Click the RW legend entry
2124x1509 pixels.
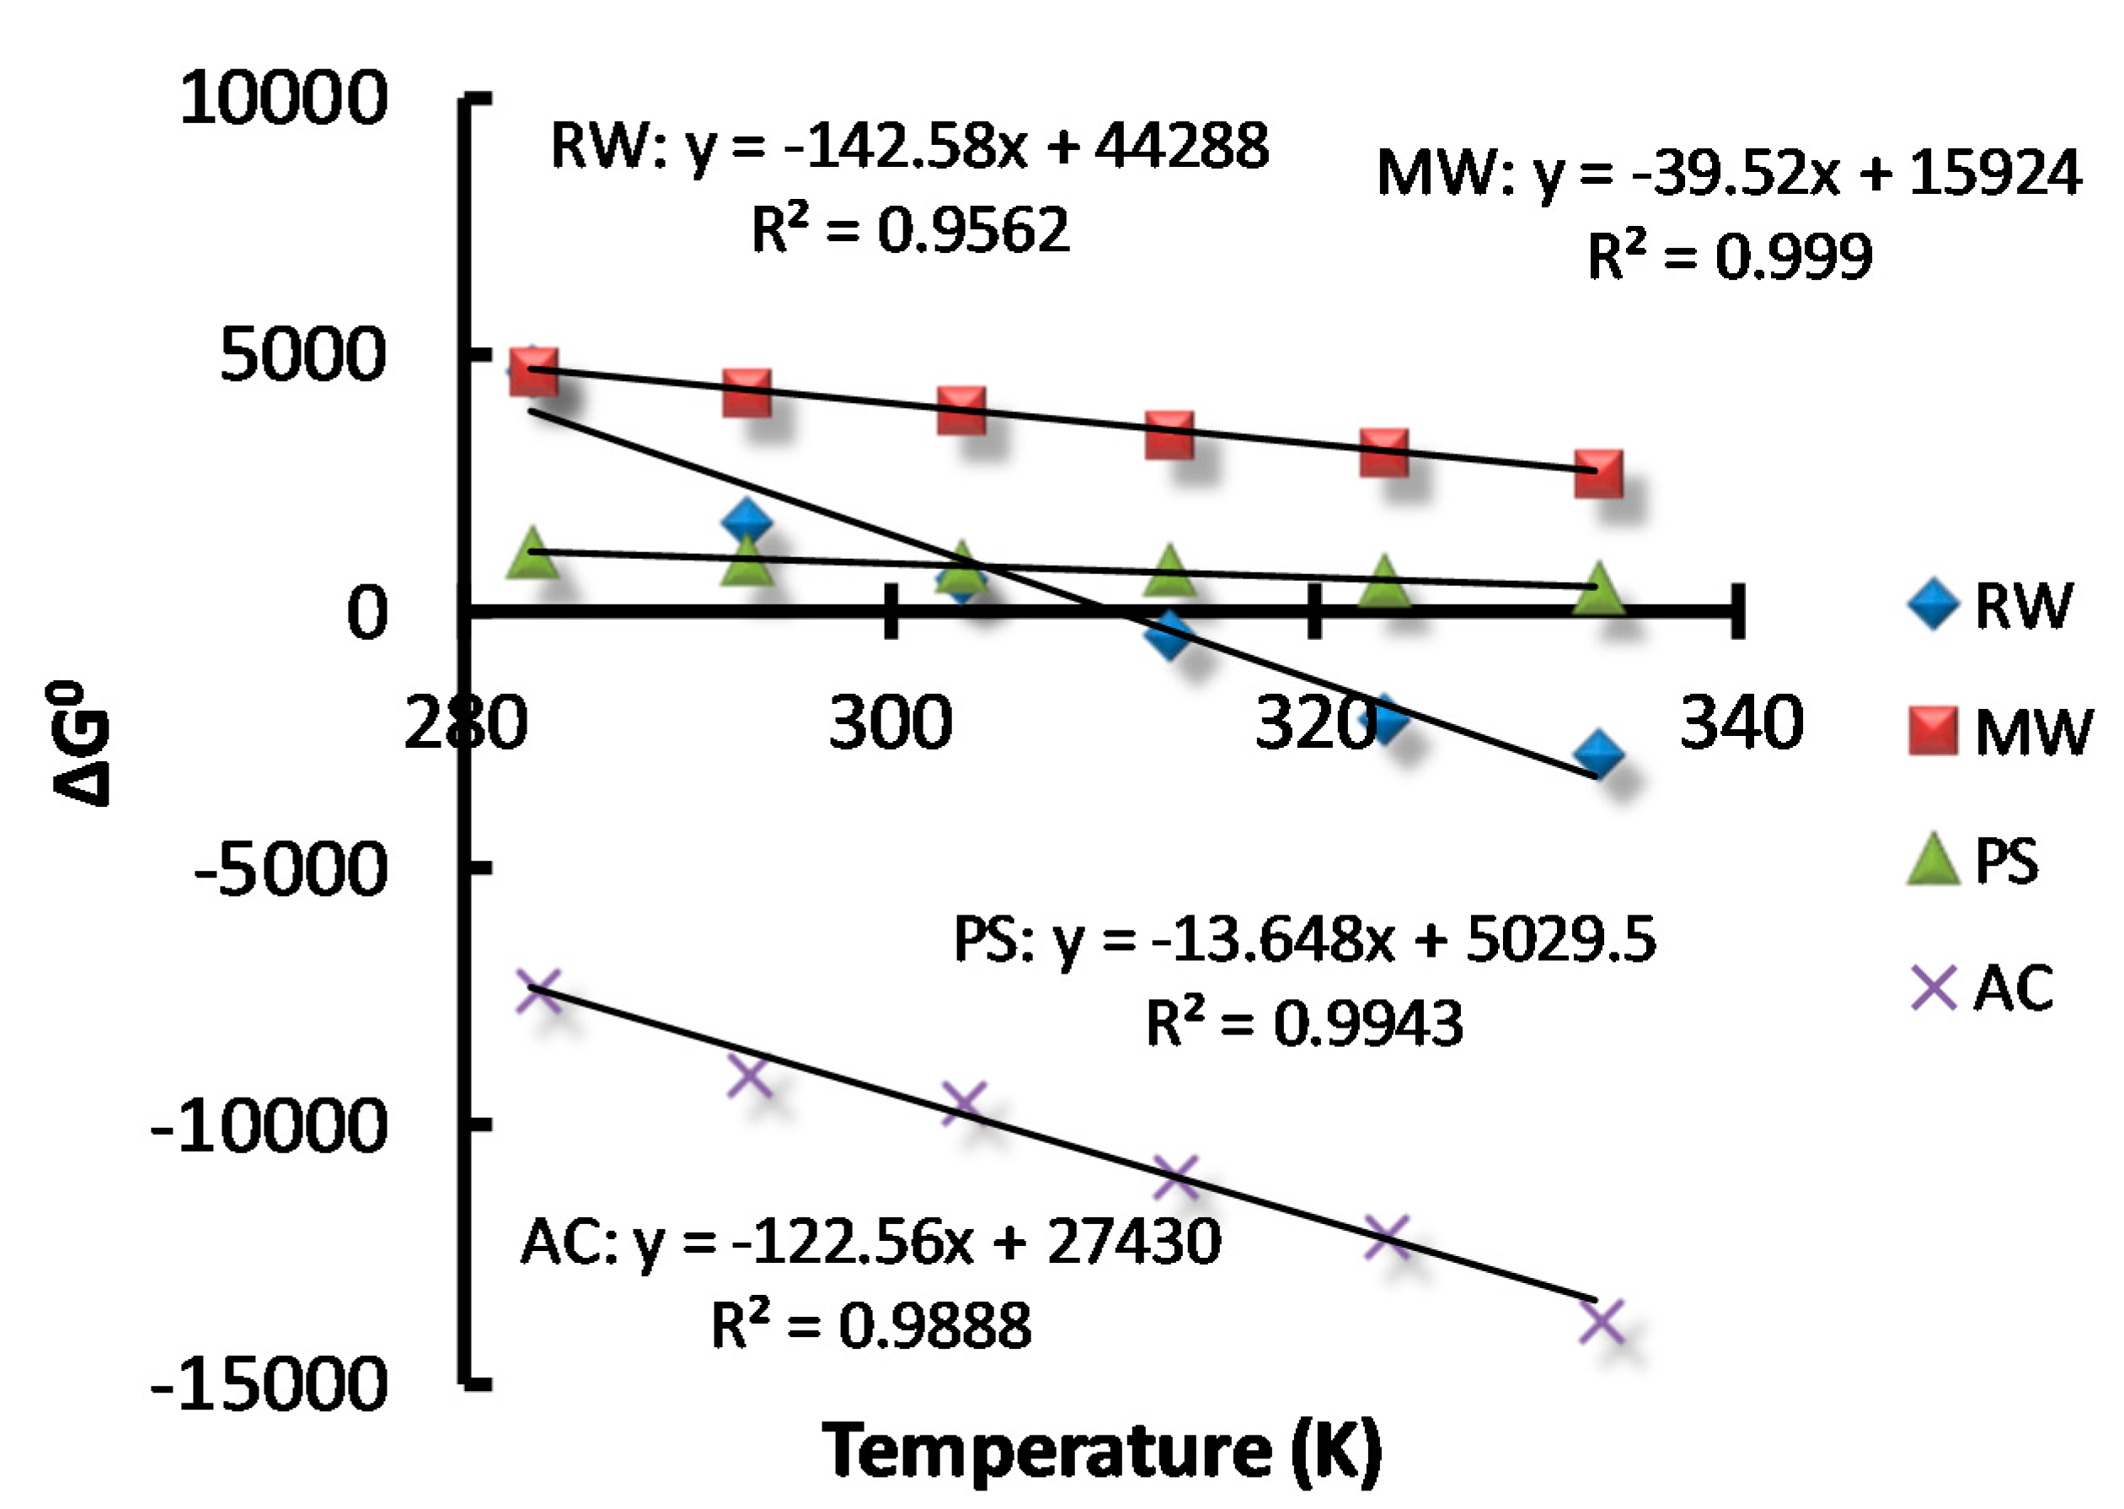click(1988, 605)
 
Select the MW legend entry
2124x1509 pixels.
click(1997, 731)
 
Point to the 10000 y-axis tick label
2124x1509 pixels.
click(282, 98)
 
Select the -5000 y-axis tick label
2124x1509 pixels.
click(289, 870)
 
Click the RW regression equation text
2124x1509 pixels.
click(909, 146)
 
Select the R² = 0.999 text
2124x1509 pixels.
click(1730, 256)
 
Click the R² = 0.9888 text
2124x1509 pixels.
click(870, 1325)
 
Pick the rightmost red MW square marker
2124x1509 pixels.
click(1597, 475)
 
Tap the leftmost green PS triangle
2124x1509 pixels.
click(532, 554)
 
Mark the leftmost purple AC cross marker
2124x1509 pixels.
click(538, 989)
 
